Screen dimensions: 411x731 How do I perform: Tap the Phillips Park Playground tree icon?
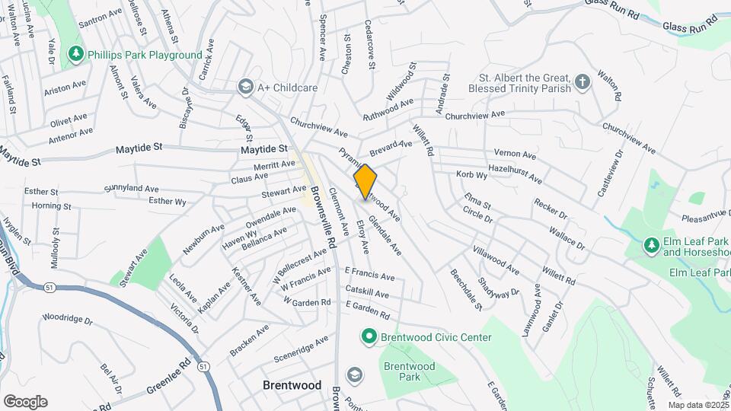point(75,55)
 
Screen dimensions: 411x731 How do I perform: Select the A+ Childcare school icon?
point(245,88)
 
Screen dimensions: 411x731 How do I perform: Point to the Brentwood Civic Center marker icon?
point(369,336)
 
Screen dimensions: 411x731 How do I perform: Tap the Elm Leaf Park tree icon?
point(651,245)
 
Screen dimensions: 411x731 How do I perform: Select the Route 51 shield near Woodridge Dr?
point(49,287)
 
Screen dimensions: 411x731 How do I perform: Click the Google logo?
point(26,401)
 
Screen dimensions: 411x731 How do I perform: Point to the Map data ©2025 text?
point(697,405)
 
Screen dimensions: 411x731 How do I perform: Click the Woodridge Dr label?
point(67,320)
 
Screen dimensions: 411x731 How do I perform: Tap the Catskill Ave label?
point(367,295)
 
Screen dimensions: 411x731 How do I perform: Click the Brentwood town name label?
point(292,385)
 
